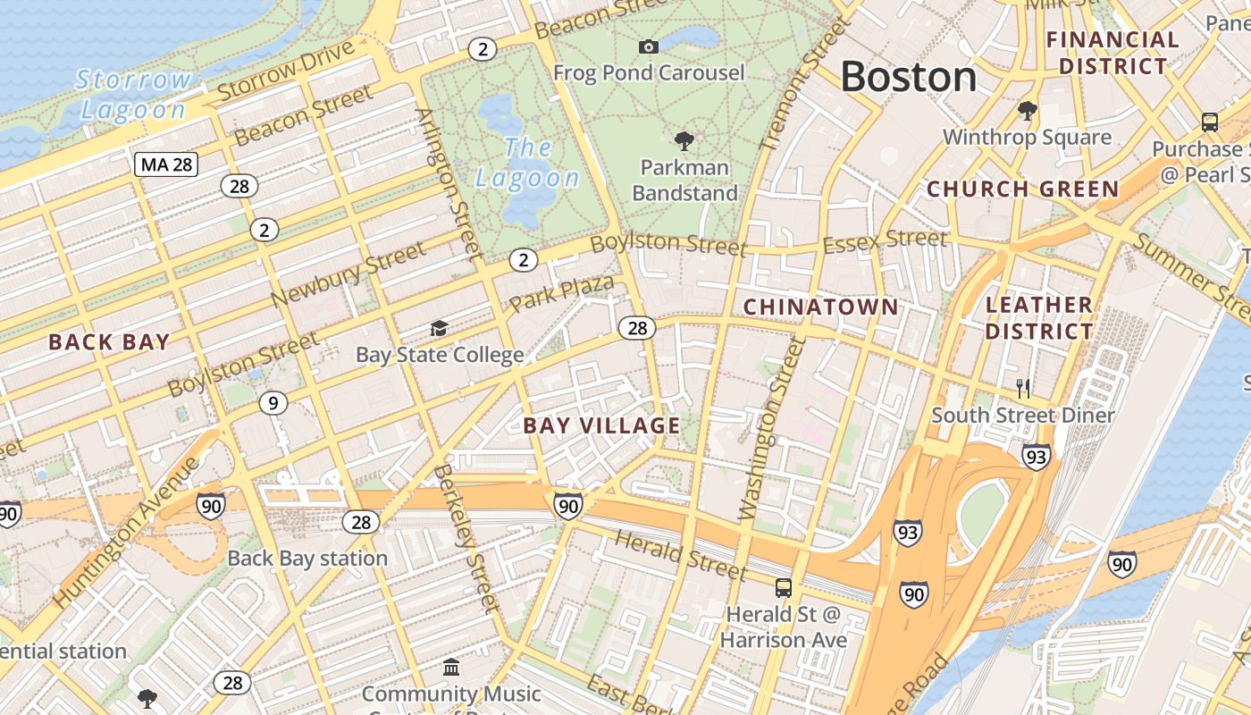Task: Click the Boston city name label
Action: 908,77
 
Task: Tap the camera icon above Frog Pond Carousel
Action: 649,46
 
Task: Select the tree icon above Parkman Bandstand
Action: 684,140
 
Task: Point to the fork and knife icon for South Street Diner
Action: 1023,388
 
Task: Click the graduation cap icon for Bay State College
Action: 439,329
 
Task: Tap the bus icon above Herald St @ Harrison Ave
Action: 784,588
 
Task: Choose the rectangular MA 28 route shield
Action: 166,164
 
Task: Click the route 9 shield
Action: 273,403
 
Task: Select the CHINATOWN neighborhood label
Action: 820,307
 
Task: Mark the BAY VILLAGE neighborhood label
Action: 601,425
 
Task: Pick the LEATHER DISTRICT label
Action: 1039,318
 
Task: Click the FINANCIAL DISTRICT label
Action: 1112,53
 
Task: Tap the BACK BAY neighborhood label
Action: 109,341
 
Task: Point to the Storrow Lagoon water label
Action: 133,95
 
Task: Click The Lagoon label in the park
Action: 527,162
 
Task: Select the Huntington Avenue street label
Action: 127,534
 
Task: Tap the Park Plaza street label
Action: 561,293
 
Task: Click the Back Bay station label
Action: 307,559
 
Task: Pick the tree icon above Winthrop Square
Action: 1028,111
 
